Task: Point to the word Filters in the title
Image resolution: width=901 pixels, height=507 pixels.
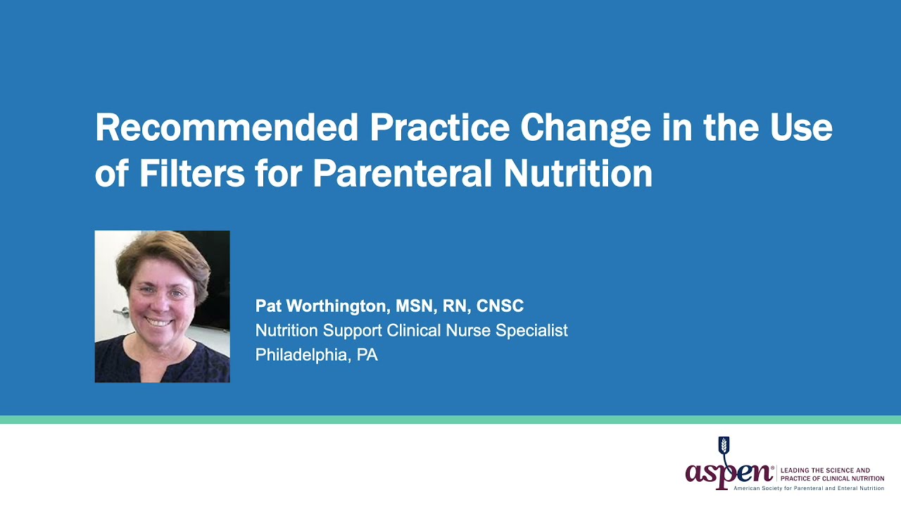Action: click(191, 173)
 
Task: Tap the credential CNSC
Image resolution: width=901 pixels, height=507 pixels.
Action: click(500, 306)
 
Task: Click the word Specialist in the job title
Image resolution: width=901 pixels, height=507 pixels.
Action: click(531, 330)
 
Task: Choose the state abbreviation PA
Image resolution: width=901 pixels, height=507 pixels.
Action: click(367, 355)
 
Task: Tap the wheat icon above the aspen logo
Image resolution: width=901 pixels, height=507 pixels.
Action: click(723, 446)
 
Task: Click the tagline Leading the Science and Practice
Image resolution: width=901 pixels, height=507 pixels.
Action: click(832, 474)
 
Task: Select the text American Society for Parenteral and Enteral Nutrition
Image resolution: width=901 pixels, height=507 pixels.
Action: click(808, 488)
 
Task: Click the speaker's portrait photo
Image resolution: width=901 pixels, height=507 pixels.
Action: click(162, 306)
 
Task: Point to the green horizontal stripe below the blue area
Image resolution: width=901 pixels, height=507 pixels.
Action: click(450, 420)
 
